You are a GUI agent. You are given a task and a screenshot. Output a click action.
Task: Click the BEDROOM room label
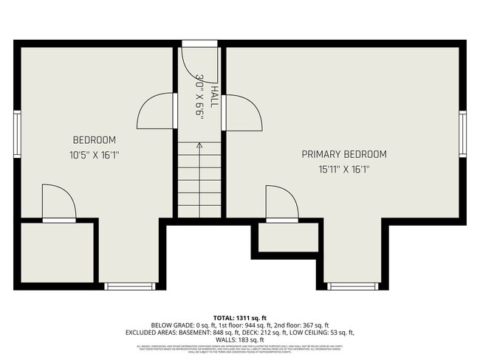point(94,140)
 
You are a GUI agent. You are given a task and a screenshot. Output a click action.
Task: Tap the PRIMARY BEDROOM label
point(344,154)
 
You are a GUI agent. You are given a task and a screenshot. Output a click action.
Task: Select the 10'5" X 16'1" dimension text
point(94,155)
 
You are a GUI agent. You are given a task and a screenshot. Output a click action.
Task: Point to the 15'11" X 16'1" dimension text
point(344,169)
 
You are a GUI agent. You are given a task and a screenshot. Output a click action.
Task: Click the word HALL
point(213,97)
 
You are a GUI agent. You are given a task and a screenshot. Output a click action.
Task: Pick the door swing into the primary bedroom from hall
point(242,112)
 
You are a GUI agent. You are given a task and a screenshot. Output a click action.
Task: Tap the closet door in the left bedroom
point(59,203)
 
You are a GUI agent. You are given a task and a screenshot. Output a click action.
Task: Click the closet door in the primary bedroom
point(282,204)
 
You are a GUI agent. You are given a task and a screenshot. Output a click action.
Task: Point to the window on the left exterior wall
point(17,134)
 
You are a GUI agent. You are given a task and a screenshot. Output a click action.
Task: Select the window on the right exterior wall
point(463,134)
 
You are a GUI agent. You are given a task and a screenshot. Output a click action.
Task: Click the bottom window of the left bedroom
point(129,285)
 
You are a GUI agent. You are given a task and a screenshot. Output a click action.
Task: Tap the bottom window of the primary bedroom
point(352,285)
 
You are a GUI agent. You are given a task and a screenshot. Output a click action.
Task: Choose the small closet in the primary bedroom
point(288,238)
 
